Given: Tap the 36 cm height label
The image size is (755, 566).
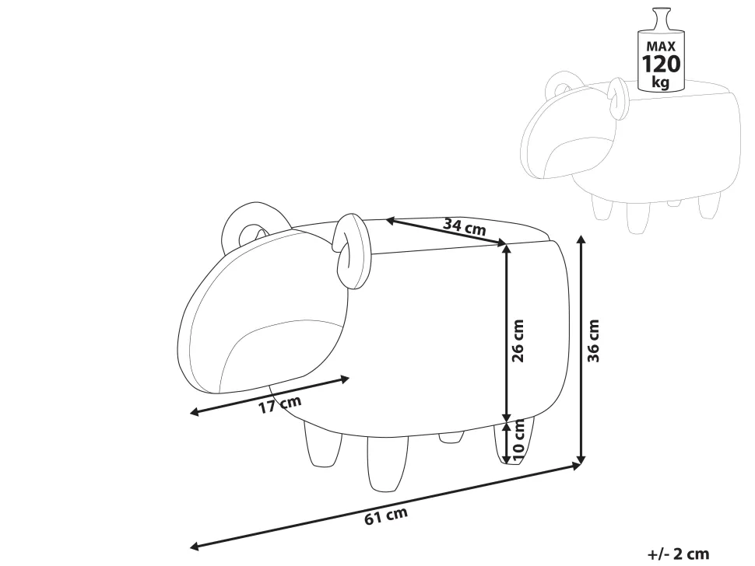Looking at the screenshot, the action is coord(594,341).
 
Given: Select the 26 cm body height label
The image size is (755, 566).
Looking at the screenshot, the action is coord(518,341).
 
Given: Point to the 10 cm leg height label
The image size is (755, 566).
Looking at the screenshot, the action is coord(518,440).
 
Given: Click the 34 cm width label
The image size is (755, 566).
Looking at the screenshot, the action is coord(465,226).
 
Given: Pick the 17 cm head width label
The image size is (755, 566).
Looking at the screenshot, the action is coord(280,404).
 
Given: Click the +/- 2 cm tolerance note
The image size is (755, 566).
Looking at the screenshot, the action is coord(679,554).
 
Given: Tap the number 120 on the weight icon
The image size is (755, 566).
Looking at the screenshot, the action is coord(661,64).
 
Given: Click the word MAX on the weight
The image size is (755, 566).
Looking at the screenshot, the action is coord(661,46).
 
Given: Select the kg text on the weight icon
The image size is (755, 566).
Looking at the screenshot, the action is coord(661,82).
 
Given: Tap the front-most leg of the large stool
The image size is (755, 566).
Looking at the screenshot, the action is coord(388,463).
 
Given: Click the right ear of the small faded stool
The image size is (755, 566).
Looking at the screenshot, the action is coord(617,98).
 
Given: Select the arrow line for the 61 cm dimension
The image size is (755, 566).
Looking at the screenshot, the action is coord(386,505).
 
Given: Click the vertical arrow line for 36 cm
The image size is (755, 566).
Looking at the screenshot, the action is coord(581,349).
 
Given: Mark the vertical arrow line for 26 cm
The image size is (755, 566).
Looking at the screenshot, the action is coord(506,333).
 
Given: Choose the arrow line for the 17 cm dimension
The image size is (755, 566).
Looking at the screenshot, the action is coord(269,395).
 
